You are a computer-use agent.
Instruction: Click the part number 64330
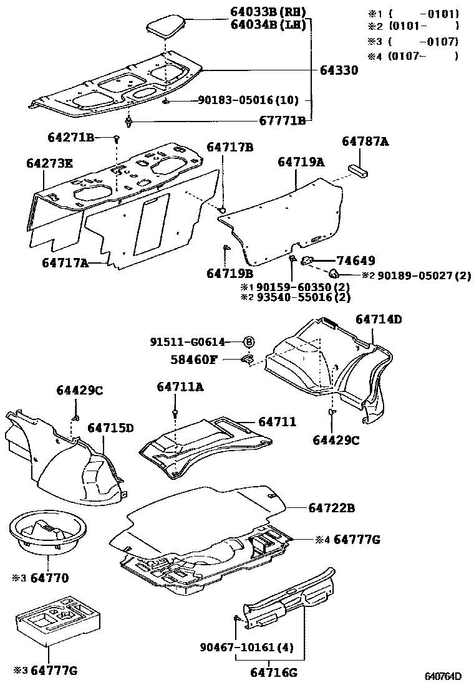(339, 71)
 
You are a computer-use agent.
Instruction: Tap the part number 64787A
(365, 143)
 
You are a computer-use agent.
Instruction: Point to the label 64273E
(49, 164)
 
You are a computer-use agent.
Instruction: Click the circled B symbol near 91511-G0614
(248, 342)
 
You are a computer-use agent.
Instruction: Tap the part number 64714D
(379, 320)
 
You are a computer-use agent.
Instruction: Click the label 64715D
(110, 428)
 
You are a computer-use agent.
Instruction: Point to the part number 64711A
(180, 387)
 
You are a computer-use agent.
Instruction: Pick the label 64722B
(331, 509)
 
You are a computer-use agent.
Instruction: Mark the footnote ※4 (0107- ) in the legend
(413, 56)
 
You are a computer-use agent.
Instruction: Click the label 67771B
(283, 121)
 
